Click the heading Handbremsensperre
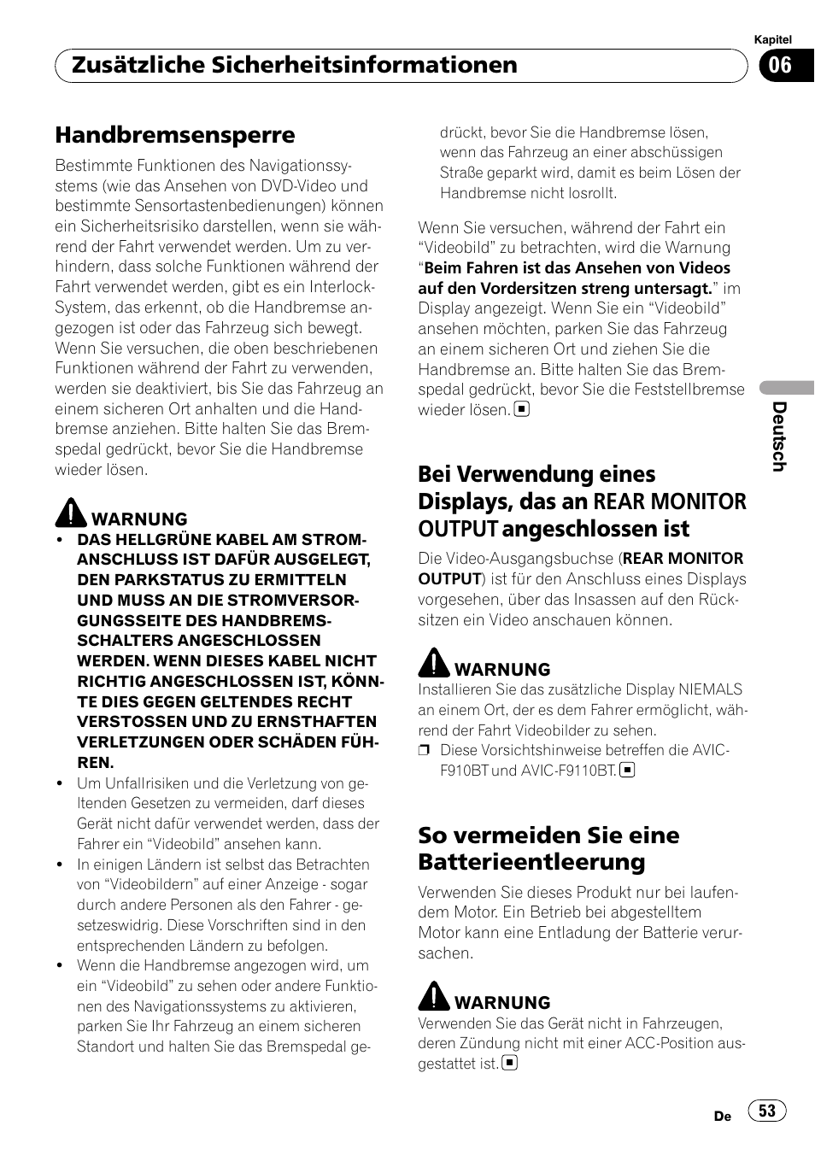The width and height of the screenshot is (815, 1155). pos(175,135)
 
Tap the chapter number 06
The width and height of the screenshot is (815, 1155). pos(781,66)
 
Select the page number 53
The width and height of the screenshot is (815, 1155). pos(767,1111)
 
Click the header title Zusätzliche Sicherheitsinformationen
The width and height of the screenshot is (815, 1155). pos(294,65)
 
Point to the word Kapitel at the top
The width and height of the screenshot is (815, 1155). pos(772,39)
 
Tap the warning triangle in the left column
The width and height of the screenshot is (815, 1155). pos(71,513)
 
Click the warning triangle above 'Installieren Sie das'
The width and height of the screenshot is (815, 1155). pos(433,663)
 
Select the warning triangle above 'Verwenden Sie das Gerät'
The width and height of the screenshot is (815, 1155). pos(433,996)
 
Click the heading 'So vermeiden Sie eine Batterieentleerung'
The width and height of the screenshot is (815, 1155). pos(548,848)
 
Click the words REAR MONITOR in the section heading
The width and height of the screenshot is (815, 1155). pos(670,501)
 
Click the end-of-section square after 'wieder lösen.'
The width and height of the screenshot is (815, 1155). pos(521,409)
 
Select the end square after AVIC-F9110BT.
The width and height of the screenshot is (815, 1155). pos(627,771)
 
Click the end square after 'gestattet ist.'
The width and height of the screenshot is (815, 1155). pos(510,1064)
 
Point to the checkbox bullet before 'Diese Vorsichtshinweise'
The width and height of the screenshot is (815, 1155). pos(424,751)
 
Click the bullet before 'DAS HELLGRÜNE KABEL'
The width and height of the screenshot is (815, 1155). pos(60,540)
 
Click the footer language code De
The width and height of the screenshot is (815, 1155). pos(722,1116)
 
